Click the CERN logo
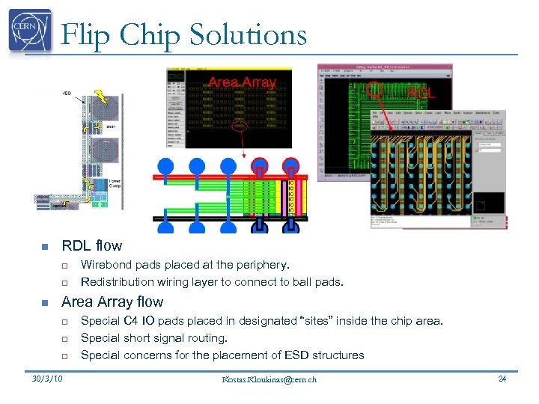(31, 31)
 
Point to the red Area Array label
(242, 82)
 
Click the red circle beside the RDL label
(377, 91)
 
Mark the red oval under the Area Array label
(239, 126)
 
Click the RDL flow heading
(91, 245)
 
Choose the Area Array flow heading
(112, 302)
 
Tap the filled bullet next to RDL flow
(44, 246)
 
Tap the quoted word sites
(322, 321)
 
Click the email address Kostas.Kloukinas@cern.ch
(269, 379)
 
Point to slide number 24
(502, 379)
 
